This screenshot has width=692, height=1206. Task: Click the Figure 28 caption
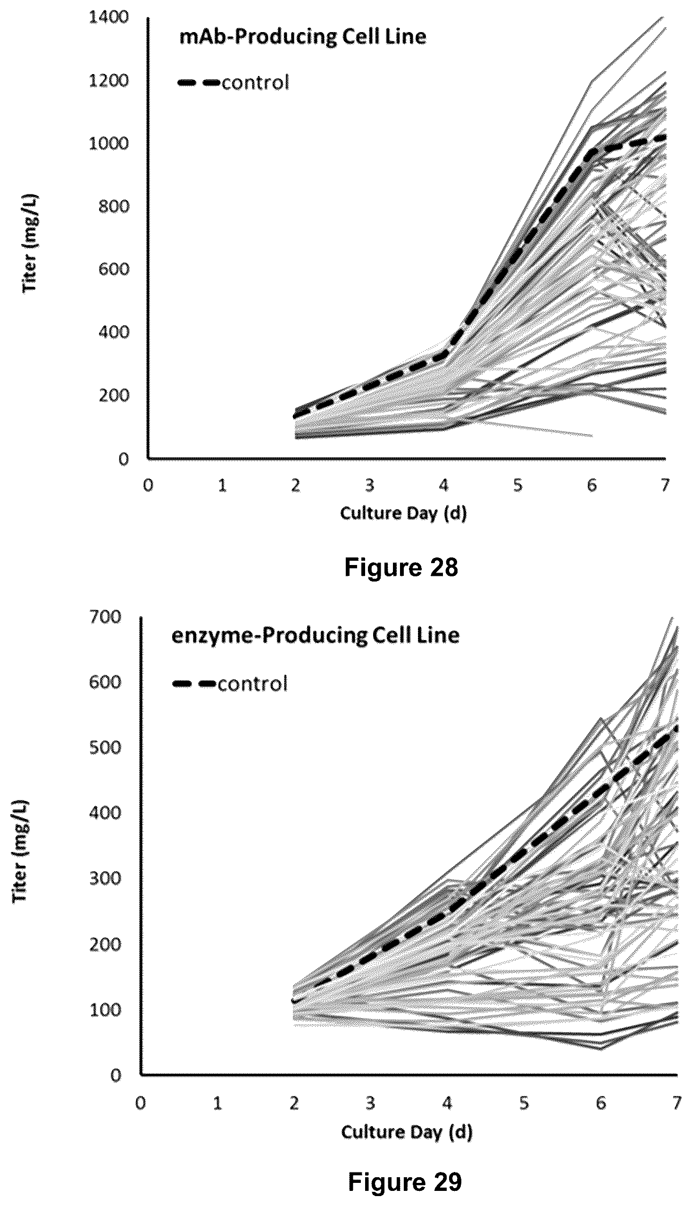pos(401,567)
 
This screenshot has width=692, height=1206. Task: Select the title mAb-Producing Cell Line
pos(303,37)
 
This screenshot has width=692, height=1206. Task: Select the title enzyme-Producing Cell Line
pos(316,636)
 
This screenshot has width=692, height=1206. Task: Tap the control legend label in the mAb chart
pos(255,83)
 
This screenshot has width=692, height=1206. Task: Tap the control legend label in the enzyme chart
pos(253,684)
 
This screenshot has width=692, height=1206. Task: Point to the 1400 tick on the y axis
pos(109,17)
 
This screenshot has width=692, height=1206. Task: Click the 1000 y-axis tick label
pos(109,143)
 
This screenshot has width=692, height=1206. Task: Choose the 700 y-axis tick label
pos(106,617)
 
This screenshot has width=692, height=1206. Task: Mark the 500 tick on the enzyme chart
pos(106,748)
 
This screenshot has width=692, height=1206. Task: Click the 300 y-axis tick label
pos(106,878)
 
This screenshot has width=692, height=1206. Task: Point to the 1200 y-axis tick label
pos(109,80)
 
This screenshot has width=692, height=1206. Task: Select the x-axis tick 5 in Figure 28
pos(517,486)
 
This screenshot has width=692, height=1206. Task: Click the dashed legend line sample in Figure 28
pos(199,83)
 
